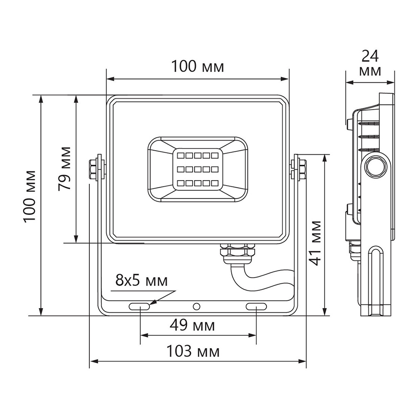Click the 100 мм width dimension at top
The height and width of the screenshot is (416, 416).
click(198, 67)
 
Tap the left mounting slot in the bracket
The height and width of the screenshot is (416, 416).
click(139, 307)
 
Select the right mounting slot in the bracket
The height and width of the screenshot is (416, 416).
click(256, 307)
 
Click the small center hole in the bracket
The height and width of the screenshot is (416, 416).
click(196, 307)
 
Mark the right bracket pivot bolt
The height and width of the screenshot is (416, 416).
click(300, 168)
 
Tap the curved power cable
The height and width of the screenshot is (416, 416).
click(258, 281)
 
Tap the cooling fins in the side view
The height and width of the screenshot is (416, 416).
click(368, 135)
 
